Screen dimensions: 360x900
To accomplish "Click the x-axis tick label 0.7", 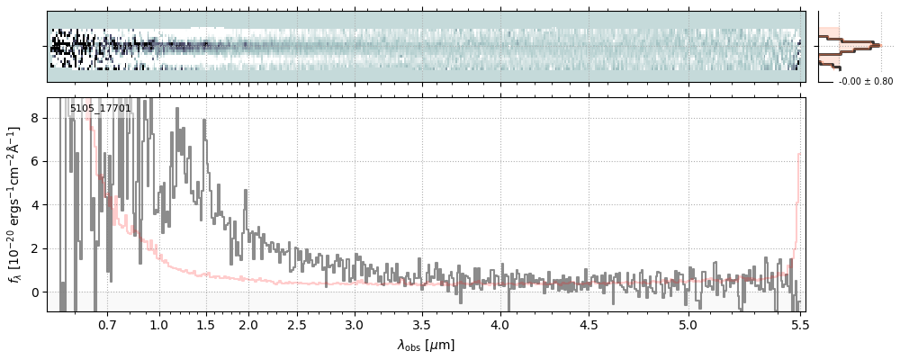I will [107, 325].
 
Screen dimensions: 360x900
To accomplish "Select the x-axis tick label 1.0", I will [159, 325].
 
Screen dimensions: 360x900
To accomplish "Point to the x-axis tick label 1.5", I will [205, 325].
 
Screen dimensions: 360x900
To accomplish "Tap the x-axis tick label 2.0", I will [248, 325].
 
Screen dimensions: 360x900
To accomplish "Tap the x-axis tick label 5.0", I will [688, 325].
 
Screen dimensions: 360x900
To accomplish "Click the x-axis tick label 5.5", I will [796, 325].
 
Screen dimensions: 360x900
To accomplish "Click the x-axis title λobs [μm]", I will [426, 345].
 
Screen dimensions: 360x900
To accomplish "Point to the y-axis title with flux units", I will [14, 205].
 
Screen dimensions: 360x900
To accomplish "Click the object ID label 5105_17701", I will [101, 109].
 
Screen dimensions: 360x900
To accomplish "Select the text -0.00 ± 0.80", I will [866, 81].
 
